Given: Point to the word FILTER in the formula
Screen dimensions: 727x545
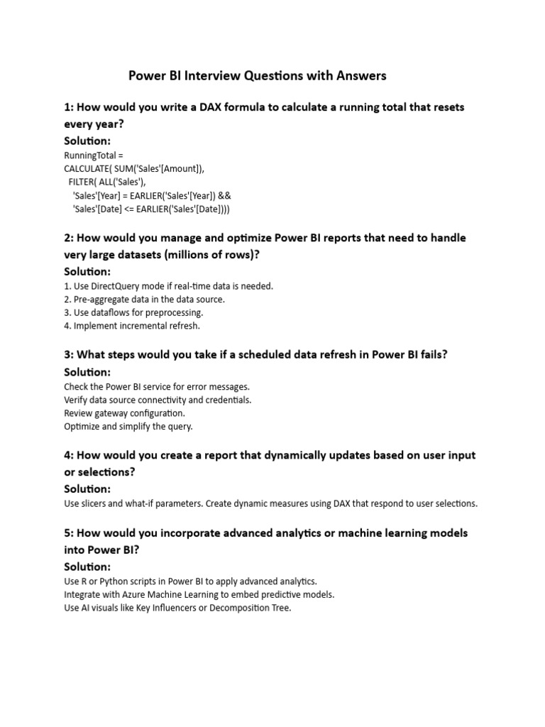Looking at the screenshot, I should point(82,182).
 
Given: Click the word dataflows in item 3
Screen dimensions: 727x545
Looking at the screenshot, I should point(111,312).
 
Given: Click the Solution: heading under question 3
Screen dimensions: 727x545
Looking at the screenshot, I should point(87,372).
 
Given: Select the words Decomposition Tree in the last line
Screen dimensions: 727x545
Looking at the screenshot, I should point(248,608).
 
